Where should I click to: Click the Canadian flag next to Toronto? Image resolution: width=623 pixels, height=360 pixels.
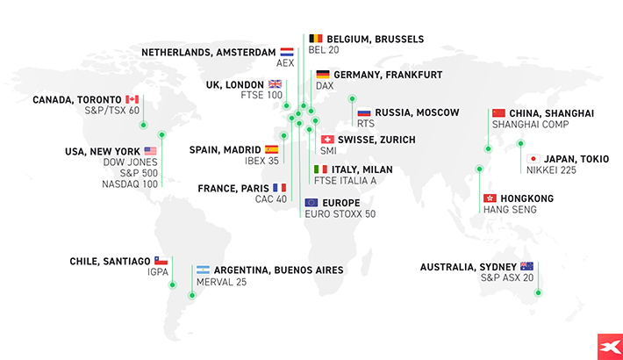(132, 99)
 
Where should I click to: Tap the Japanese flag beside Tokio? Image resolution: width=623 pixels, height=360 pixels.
(533, 159)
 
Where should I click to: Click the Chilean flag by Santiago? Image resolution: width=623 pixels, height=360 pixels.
(161, 261)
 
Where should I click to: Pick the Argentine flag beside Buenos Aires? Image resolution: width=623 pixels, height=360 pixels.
(203, 270)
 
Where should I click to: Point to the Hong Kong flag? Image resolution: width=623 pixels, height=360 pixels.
(491, 198)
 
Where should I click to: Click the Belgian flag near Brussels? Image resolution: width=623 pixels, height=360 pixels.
(315, 40)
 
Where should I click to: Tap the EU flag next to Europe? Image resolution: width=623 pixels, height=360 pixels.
(311, 202)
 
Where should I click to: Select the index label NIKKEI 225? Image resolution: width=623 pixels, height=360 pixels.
(551, 170)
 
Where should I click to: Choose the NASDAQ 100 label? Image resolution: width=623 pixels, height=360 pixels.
(130, 184)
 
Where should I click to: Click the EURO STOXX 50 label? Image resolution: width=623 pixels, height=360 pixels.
(340, 214)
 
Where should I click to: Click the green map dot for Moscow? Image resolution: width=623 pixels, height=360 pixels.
(353, 98)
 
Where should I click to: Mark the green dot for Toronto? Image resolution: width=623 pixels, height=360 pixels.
(144, 124)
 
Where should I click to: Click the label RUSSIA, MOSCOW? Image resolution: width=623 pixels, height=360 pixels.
(417, 113)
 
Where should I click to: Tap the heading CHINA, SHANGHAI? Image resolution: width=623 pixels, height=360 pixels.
(552, 113)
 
